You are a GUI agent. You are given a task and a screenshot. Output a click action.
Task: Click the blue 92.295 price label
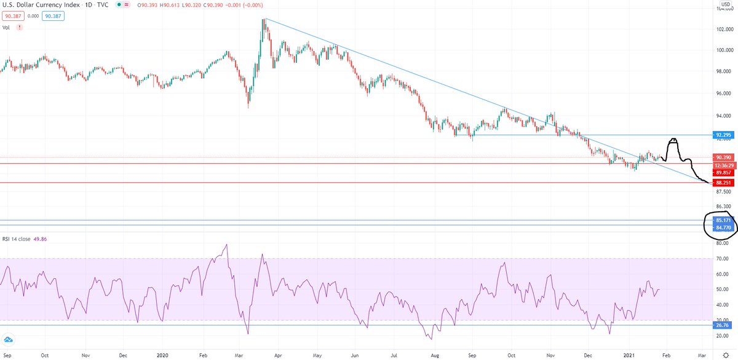click(722, 134)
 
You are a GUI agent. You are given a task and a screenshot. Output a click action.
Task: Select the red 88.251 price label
click(722, 183)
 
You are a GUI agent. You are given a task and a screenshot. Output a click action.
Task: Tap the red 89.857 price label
click(722, 173)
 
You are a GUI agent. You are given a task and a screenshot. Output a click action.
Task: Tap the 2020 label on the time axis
click(163, 355)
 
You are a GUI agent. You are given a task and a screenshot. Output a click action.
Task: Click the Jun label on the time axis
click(355, 355)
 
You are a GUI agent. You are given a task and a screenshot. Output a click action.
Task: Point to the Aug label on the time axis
click(434, 355)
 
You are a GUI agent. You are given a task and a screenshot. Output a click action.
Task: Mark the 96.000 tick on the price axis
click(723, 94)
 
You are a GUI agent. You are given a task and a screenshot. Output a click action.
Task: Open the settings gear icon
click(726, 355)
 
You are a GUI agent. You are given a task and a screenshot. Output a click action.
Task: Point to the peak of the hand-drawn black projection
click(673, 140)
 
